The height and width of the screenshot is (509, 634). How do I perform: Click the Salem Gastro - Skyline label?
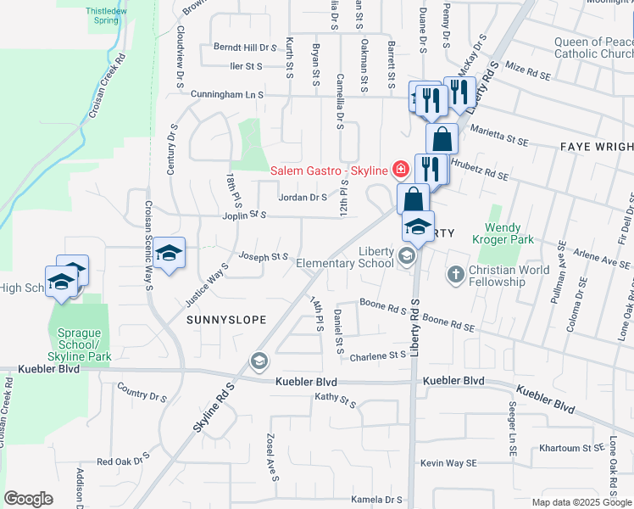point(329,171)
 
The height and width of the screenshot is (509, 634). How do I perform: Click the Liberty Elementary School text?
point(345,257)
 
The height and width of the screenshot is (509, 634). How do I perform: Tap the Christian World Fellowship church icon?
point(456,273)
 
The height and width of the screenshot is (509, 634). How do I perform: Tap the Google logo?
point(28,499)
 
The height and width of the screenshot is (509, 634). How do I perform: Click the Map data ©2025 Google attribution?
point(581,502)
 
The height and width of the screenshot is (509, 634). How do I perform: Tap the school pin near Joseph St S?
point(170,252)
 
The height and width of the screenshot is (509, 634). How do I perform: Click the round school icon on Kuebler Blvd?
point(259,362)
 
